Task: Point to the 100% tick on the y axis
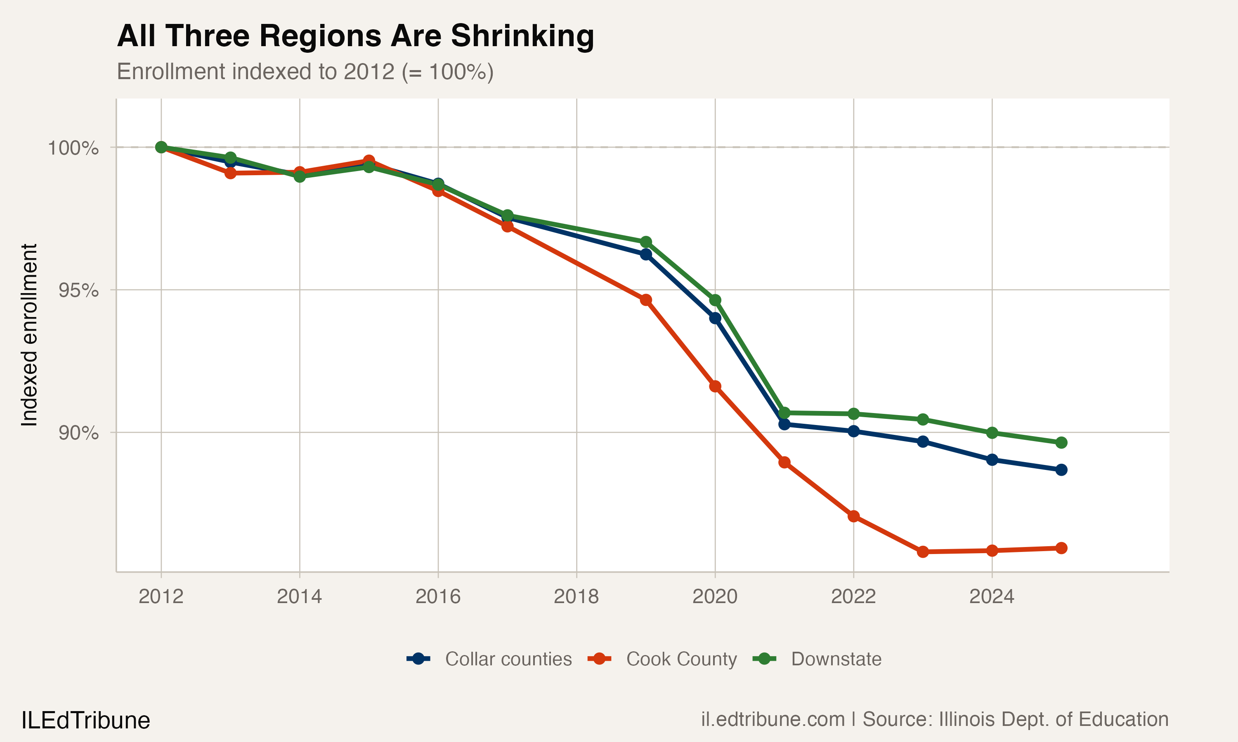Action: (x=73, y=148)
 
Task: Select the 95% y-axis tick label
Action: (x=78, y=291)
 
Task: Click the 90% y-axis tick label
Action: (x=78, y=433)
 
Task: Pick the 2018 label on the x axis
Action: (x=576, y=596)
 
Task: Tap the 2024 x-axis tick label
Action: (x=991, y=596)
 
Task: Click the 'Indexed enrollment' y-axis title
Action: (x=29, y=335)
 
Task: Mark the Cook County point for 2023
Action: (x=923, y=552)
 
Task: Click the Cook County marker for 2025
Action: (x=1061, y=548)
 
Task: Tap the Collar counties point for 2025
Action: (x=1061, y=470)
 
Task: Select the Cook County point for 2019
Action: (x=645, y=300)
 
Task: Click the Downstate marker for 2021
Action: (x=784, y=413)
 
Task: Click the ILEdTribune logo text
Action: (x=85, y=721)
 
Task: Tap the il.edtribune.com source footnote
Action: (x=934, y=719)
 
